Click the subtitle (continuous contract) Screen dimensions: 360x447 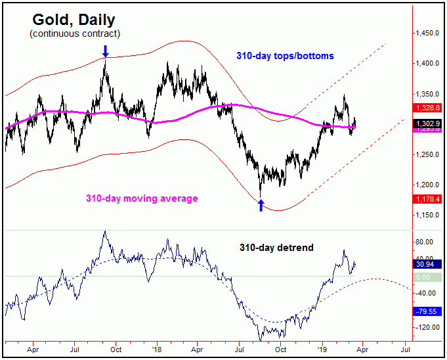(75, 33)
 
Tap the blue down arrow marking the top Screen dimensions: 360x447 (106, 51)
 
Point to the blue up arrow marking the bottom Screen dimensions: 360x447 (261, 205)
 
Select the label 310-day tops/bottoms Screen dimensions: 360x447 (285, 56)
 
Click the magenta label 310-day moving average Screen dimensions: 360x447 (141, 198)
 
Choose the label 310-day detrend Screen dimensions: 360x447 (275, 248)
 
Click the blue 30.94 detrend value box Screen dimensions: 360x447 (429, 263)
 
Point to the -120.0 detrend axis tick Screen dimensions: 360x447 (427, 327)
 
